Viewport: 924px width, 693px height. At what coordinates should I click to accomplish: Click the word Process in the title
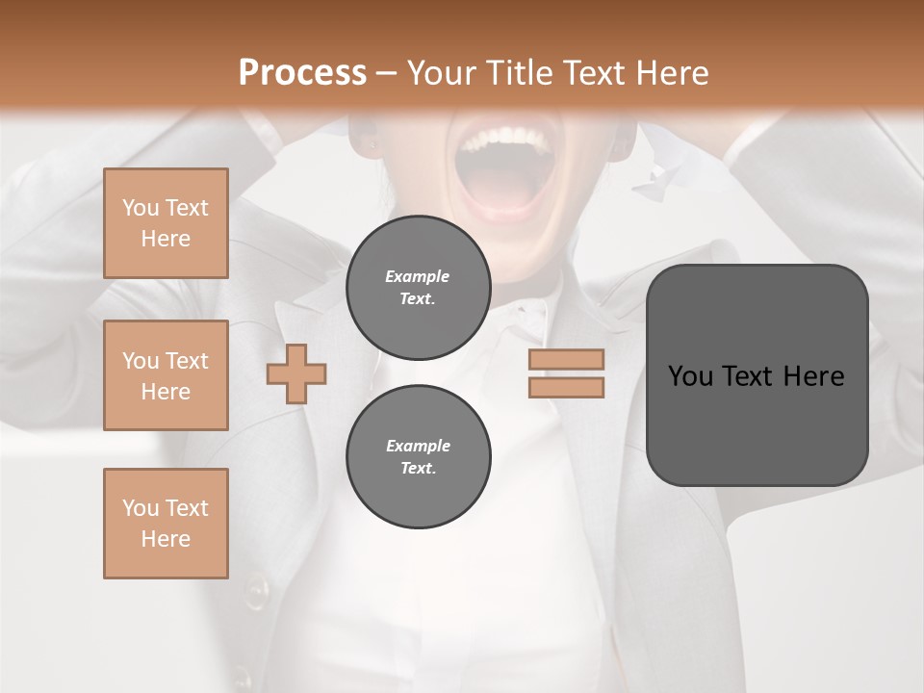click(x=302, y=73)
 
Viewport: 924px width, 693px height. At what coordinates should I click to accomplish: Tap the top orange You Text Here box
click(x=166, y=223)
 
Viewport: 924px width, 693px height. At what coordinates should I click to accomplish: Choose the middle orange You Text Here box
click(x=166, y=375)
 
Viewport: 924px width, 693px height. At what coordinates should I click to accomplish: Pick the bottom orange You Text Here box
click(x=166, y=524)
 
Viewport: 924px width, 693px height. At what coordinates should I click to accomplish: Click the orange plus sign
click(x=296, y=373)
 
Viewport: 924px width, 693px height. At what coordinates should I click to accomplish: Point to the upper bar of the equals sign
click(x=566, y=359)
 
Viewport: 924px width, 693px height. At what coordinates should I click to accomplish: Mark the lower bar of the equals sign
click(x=566, y=387)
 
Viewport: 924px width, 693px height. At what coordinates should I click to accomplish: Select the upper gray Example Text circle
click(x=418, y=287)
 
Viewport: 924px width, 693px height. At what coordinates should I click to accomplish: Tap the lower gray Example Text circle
click(x=418, y=456)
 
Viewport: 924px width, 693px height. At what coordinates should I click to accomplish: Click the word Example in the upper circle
click(x=418, y=276)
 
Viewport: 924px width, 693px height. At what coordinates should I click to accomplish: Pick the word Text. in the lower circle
click(x=418, y=469)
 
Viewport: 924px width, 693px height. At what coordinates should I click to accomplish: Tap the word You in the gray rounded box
click(x=691, y=376)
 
